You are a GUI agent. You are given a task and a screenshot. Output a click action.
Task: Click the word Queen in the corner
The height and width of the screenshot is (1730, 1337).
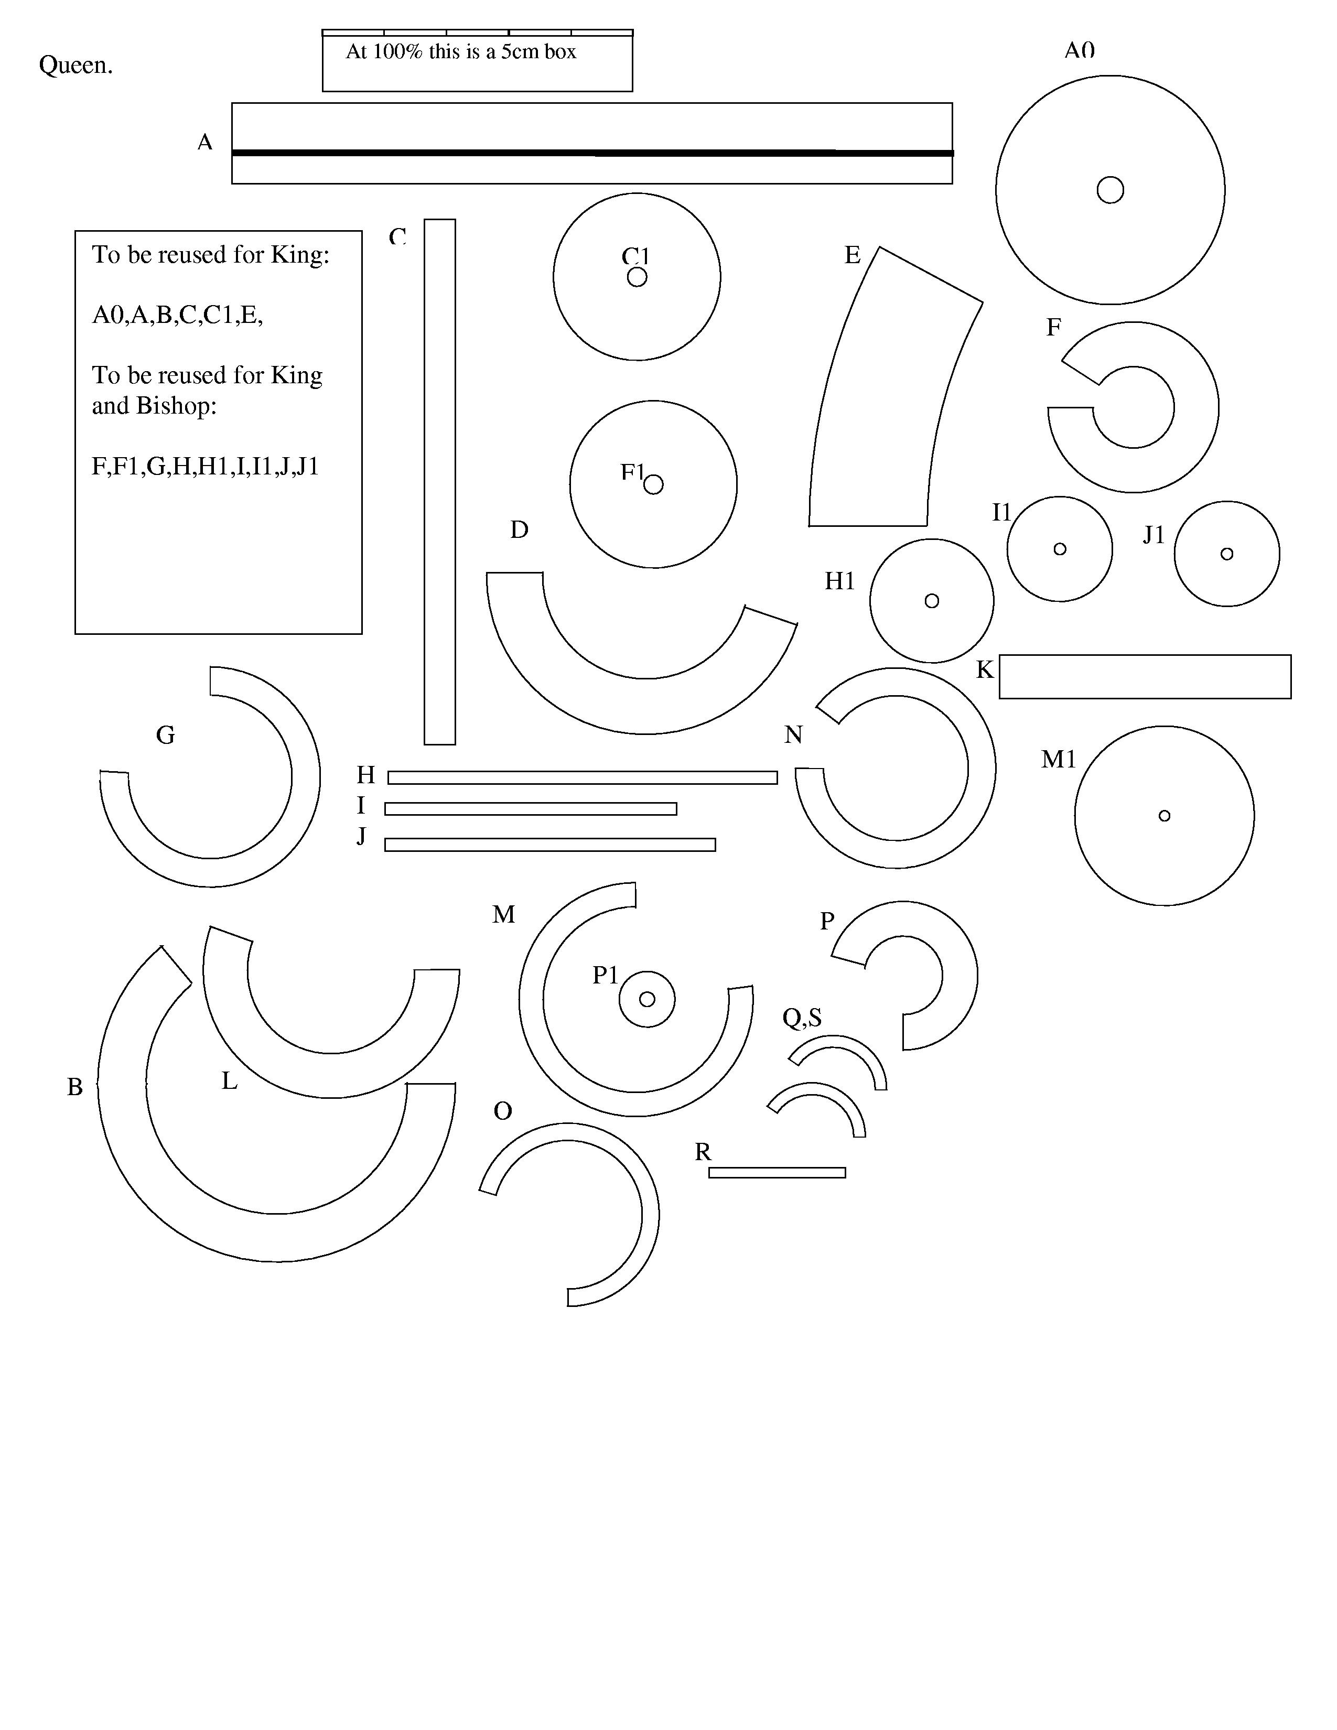[76, 65]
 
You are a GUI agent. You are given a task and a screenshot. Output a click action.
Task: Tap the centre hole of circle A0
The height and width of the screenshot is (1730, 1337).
[1109, 190]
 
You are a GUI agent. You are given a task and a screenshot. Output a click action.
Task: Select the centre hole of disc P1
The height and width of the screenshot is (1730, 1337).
[647, 1000]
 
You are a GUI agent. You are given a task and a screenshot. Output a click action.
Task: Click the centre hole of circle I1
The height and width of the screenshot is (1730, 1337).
[1060, 549]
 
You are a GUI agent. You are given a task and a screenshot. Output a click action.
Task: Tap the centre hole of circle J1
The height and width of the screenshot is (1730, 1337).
[1227, 554]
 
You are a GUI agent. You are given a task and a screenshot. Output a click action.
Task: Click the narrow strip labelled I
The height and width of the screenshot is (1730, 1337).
[531, 809]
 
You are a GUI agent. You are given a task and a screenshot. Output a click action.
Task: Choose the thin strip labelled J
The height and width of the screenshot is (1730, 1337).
[549, 845]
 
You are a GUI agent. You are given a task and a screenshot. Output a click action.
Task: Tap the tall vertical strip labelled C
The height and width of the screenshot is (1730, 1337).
[439, 482]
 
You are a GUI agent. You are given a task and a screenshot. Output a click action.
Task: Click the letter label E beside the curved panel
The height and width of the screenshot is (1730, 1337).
[852, 255]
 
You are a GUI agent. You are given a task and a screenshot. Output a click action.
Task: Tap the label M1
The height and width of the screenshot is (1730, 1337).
[1058, 760]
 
